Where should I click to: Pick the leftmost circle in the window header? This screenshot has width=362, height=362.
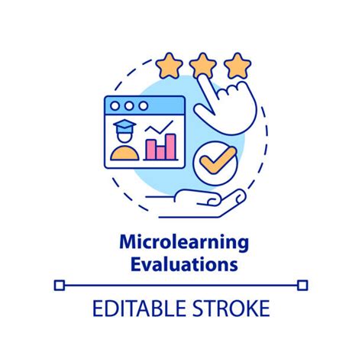coord(115,105)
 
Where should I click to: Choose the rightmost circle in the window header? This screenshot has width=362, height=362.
coord(142,105)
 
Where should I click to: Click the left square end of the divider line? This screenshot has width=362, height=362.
coord(60,286)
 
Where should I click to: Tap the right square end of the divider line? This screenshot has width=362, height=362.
coord(302,286)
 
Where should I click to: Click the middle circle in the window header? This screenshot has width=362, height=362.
coord(128,105)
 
